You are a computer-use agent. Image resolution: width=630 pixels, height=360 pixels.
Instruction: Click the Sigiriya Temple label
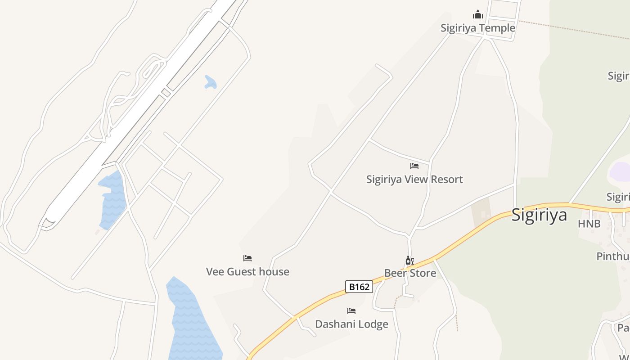pos(477,28)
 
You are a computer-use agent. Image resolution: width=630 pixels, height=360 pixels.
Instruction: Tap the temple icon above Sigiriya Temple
pos(477,15)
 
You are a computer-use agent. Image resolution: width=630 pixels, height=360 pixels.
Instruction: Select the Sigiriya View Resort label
pos(414,179)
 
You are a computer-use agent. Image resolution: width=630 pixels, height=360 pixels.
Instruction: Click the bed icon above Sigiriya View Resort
pos(414,166)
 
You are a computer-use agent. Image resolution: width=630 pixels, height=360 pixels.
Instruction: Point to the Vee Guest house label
pos(247,271)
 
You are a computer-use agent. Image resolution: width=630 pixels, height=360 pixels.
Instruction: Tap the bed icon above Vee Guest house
pos(247,258)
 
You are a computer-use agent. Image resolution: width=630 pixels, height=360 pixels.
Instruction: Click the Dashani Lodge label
pos(351,324)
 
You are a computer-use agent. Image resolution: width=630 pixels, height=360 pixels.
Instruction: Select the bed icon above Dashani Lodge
pos(351,311)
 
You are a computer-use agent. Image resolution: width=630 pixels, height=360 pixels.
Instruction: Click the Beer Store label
pos(410,273)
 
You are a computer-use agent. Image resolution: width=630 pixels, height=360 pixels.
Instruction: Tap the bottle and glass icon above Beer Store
pos(409,261)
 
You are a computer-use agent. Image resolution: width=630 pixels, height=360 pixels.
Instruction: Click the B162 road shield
pos(359,287)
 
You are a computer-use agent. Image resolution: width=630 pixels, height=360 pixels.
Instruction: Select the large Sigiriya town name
pos(539,215)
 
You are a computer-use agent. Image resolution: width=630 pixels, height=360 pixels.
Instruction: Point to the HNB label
pos(589,224)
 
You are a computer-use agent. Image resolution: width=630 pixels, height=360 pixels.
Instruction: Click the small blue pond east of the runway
pos(210,82)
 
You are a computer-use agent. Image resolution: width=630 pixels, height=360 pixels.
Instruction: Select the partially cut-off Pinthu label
pos(613,256)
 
